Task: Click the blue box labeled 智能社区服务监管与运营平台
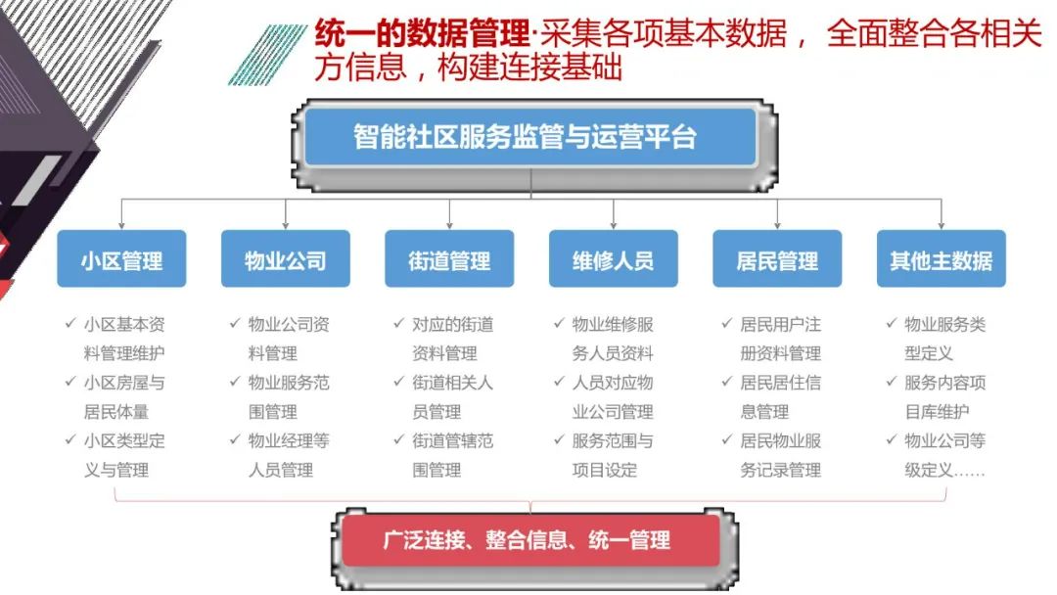529,137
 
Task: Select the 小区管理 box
121,259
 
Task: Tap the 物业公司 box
285,259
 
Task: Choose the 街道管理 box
449,259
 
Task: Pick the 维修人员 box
613,259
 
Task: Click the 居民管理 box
777,259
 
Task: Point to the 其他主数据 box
941,259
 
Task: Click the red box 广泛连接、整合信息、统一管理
529,539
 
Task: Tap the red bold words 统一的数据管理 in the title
422,35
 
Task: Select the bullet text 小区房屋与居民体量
124,397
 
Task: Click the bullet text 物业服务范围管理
289,397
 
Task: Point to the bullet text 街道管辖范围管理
452,456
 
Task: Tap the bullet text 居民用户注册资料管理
780,339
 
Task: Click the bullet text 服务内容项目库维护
944,397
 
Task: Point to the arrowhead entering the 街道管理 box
449,224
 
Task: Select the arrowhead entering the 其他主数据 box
941,224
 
